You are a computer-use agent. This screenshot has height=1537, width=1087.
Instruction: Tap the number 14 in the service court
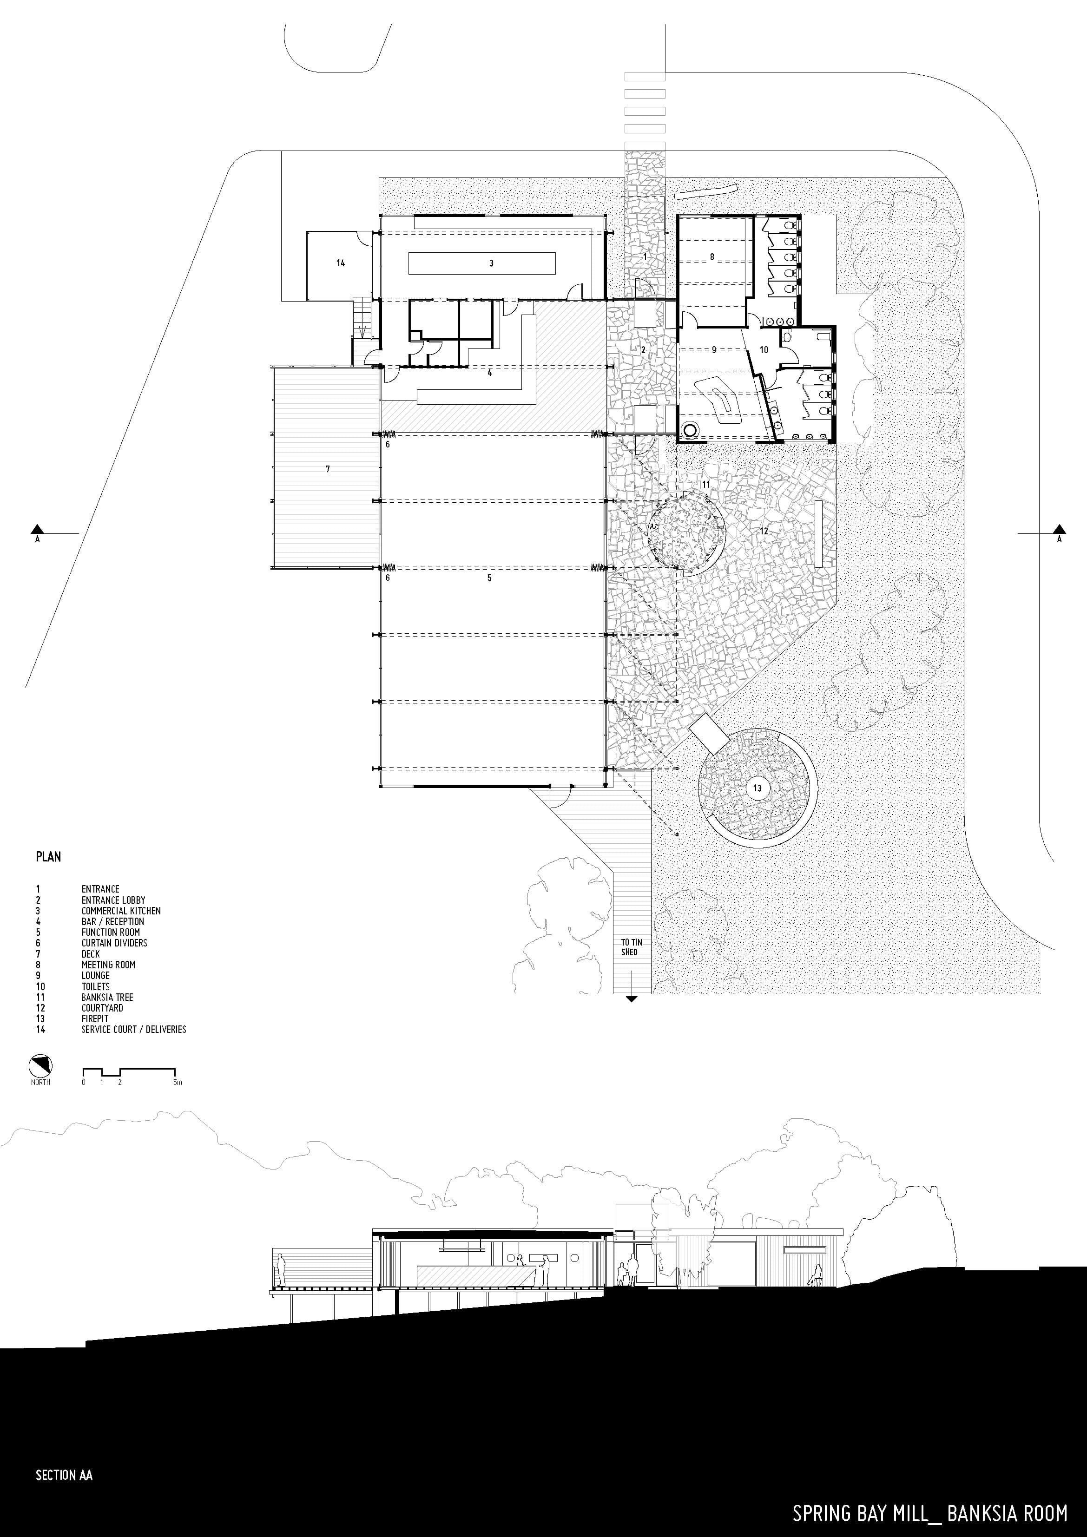(341, 263)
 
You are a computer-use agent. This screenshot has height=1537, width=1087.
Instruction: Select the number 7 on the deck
(328, 469)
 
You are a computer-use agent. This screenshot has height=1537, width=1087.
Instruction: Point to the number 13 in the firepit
(758, 788)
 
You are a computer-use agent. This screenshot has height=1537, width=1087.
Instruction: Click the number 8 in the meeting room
(712, 256)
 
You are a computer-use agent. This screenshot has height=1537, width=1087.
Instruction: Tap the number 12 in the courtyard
(764, 531)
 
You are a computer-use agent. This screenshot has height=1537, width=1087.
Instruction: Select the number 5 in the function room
(489, 578)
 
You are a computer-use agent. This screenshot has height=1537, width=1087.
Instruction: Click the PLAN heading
(48, 857)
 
